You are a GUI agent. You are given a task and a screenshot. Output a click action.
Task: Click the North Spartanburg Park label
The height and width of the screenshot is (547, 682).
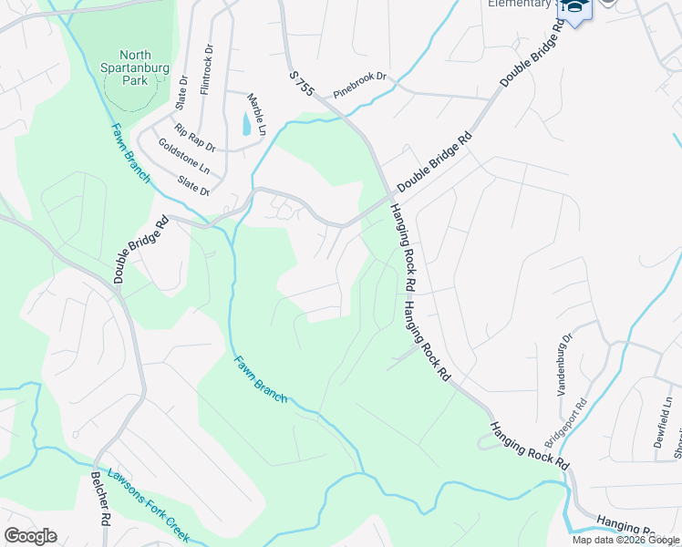click(x=127, y=67)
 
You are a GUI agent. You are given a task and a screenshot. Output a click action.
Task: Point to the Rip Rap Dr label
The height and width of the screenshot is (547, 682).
click(x=196, y=138)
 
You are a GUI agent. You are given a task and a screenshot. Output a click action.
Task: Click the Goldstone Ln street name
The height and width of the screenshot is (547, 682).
click(x=183, y=157)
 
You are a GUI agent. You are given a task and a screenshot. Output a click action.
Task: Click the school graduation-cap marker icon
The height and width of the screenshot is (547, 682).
click(x=574, y=8)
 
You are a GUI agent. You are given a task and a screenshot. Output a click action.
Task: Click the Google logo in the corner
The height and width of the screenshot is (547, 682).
click(x=30, y=536)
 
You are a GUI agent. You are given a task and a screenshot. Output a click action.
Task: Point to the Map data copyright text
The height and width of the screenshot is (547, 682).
click(x=625, y=540)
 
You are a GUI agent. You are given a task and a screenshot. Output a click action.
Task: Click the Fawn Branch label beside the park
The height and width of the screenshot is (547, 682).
click(x=130, y=152)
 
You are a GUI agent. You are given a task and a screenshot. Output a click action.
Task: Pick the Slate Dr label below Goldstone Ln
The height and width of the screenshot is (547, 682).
click(x=194, y=186)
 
